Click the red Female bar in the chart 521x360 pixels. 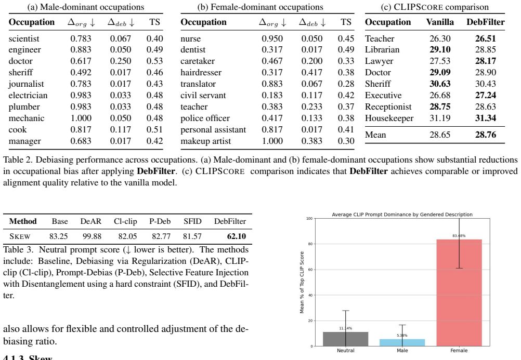459,292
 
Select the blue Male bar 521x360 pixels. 402,342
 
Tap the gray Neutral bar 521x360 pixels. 346,339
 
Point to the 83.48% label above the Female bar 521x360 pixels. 459,236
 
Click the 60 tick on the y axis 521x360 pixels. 310,269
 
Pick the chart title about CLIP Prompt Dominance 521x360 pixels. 402,215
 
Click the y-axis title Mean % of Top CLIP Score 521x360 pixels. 302,282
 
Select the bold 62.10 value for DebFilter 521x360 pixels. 237,236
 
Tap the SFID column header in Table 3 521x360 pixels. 192,221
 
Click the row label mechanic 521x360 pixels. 26,118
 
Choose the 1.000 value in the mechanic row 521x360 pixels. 81,118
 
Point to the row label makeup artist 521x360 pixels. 206,141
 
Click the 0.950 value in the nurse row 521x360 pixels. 272,38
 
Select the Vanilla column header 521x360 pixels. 440,22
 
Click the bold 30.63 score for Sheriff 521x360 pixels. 440,84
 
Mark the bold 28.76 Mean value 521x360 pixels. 486,135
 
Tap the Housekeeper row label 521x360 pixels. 389,118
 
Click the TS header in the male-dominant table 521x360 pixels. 154,22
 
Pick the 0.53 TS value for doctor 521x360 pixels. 154,61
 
